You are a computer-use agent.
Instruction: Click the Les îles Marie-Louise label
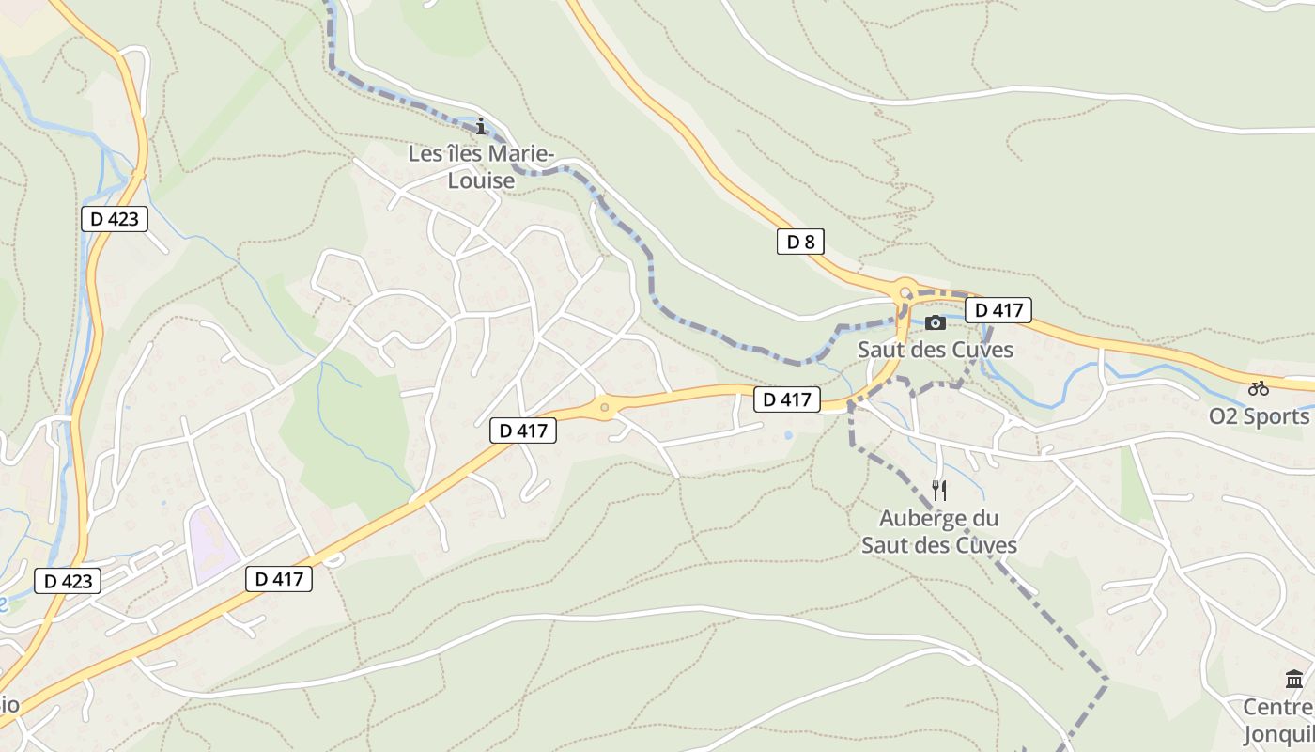click(481, 166)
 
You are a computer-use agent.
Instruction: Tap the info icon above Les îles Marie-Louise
click(481, 126)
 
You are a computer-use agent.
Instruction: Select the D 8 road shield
click(800, 242)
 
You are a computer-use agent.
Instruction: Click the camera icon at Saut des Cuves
click(936, 322)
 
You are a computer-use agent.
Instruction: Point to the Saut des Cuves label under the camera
click(936, 350)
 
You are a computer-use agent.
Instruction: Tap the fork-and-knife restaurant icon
click(938, 490)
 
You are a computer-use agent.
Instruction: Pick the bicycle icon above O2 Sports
click(1259, 387)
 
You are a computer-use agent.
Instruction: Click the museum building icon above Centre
click(1294, 679)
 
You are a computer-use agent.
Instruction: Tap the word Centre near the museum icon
click(1277, 707)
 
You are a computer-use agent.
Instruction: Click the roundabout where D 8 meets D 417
click(905, 292)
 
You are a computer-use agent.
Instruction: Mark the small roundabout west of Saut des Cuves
click(604, 408)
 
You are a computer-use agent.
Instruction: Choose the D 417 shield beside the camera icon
click(998, 310)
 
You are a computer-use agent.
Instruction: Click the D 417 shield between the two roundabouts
click(787, 399)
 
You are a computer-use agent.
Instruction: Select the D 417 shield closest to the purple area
click(279, 579)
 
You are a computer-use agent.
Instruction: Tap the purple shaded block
click(212, 543)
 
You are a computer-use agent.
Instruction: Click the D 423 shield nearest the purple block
click(69, 581)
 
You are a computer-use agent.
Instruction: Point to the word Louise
click(481, 180)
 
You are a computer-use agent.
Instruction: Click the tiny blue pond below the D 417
click(786, 435)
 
